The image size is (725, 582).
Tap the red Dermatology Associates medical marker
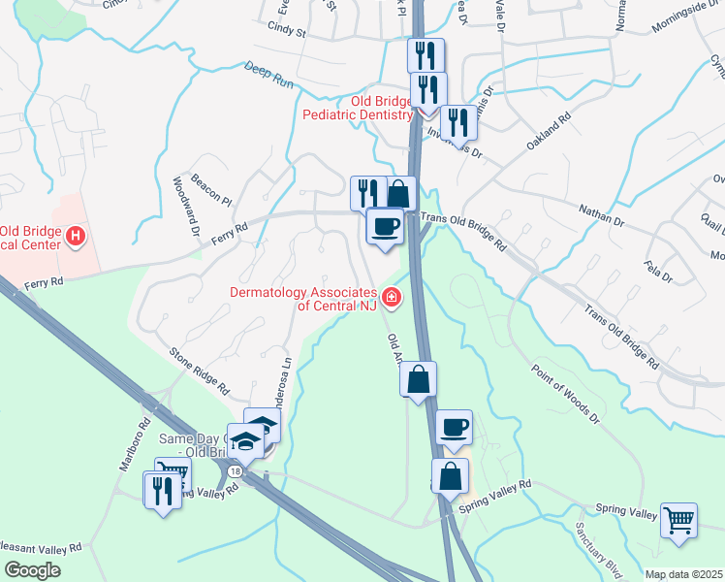click(392, 297)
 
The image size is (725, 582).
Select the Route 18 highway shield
click(236, 470)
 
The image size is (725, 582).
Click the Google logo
click(31, 570)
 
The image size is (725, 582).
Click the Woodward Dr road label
click(186, 207)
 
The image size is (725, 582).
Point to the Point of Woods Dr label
click(566, 395)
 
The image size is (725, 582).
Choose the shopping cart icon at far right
click(678, 519)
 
